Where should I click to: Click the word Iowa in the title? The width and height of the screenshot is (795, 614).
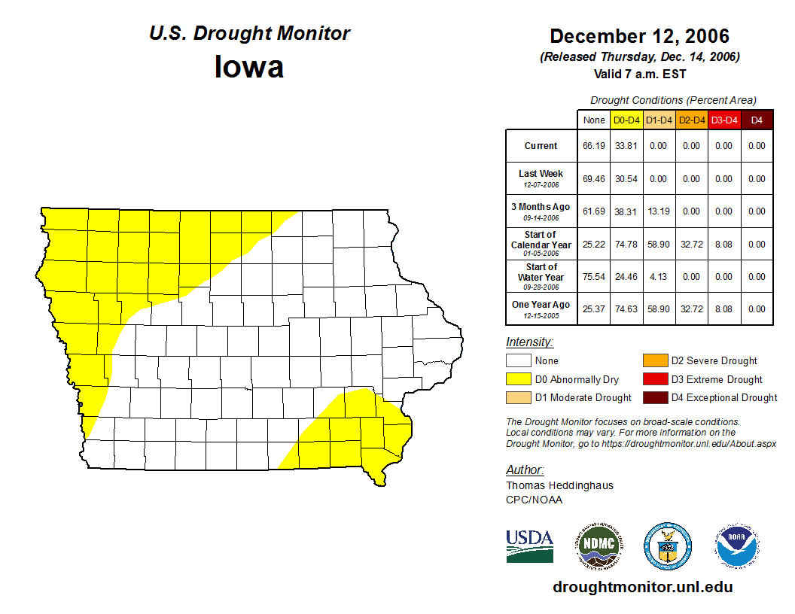coord(249,66)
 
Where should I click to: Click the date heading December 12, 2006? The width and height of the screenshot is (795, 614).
coord(639,36)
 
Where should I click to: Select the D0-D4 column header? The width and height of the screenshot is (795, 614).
coord(626,120)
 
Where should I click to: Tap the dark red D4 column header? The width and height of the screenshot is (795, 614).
coord(757,120)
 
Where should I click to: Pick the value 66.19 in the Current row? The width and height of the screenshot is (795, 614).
coord(594,146)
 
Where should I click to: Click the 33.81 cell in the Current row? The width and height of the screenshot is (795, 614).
coord(626,146)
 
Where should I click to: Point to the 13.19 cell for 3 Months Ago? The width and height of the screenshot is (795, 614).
coord(659,211)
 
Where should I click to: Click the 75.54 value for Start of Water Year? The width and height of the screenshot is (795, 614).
coord(594,276)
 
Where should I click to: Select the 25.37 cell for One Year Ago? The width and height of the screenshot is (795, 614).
coord(594,309)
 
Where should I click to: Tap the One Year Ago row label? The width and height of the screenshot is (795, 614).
coord(541,305)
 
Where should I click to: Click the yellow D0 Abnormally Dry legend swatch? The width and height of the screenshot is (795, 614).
coord(518,379)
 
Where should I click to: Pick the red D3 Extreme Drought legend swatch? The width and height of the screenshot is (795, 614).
coord(654,379)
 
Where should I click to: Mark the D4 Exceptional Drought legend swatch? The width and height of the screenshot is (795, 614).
coord(654,397)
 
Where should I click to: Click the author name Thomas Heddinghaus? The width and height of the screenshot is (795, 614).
coord(559,485)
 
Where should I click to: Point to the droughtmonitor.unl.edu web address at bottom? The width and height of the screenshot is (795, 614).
coord(642,587)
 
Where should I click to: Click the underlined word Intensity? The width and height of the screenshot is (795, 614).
coord(529,342)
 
